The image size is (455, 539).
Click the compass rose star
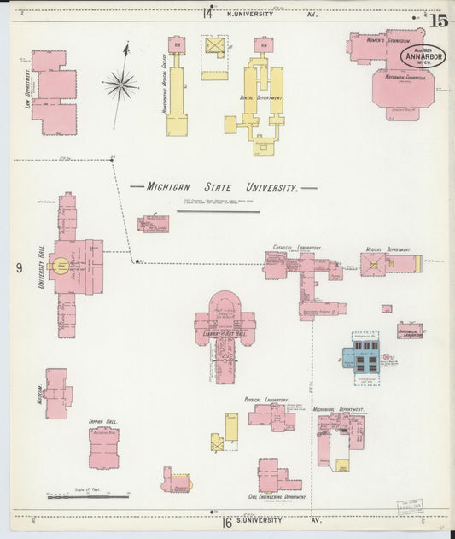[x=121, y=84]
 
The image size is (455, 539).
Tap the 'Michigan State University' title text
[x=223, y=187]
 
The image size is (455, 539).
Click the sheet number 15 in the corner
[x=439, y=21]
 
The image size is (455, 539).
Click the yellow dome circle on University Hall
[x=61, y=266]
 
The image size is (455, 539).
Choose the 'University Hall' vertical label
[x=41, y=266]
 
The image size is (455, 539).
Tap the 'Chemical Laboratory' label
[x=297, y=248]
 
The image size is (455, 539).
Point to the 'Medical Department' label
[x=388, y=249]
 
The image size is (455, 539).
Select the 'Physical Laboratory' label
[x=266, y=399]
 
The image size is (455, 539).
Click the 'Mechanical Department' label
[x=340, y=409]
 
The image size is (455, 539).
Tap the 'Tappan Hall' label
[x=102, y=422]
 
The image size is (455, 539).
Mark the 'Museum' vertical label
[x=39, y=394]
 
